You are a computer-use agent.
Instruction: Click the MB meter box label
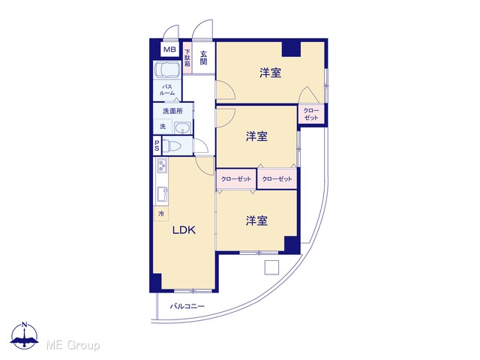click(x=170, y=49)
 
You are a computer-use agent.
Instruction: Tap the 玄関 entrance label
click(x=203, y=58)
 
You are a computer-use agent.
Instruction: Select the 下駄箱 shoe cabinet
click(x=187, y=58)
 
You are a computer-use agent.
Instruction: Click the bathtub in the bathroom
click(x=167, y=70)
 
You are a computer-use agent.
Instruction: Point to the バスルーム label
click(x=167, y=90)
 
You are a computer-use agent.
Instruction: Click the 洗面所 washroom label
click(x=172, y=111)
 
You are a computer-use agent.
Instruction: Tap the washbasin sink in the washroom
click(x=183, y=127)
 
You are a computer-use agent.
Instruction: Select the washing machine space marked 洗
click(x=163, y=126)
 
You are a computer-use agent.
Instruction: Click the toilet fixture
click(x=173, y=145)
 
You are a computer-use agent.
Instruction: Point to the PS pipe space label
click(x=157, y=145)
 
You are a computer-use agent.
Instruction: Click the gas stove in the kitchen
click(x=162, y=166)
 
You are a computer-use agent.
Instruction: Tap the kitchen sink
click(x=162, y=193)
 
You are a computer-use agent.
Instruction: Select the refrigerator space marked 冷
click(x=161, y=214)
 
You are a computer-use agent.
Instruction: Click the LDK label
click(x=184, y=230)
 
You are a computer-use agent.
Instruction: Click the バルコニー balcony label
click(x=187, y=306)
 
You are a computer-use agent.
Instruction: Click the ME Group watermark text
click(x=73, y=345)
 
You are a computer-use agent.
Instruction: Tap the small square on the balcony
click(x=271, y=268)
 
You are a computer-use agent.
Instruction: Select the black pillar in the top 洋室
click(x=291, y=49)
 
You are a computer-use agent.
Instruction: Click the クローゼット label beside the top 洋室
click(x=311, y=114)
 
